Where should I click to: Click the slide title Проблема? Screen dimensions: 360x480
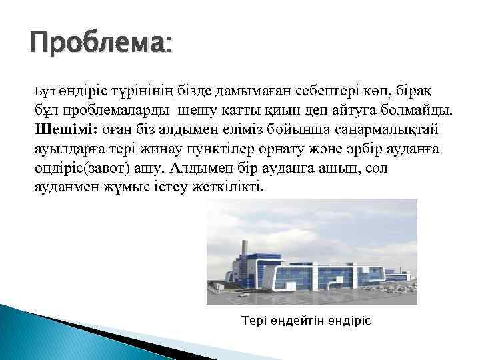(x=100, y=45)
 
